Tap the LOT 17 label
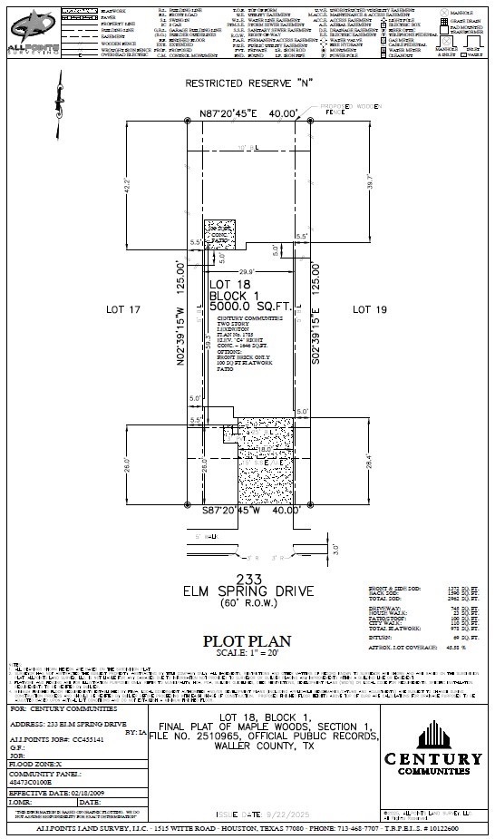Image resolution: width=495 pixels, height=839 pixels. coord(122,310)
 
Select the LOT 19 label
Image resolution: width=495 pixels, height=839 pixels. coord(369,310)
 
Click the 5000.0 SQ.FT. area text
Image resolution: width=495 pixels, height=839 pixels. coord(249,307)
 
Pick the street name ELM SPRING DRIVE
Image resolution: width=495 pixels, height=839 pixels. coord(247,591)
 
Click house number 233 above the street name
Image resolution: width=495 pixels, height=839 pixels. coord(247,579)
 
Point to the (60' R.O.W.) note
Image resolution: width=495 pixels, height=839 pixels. coord(247,603)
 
